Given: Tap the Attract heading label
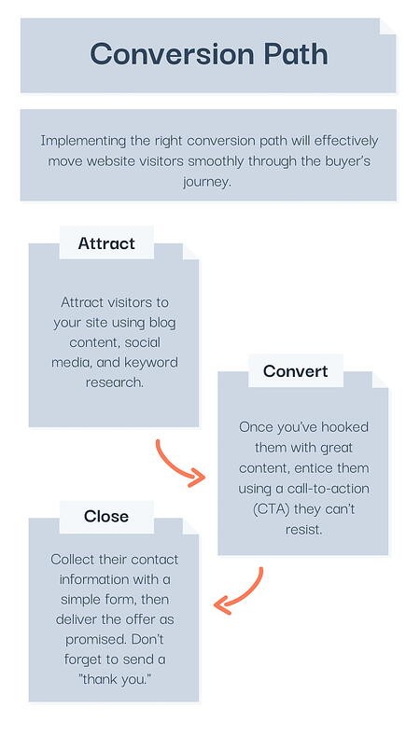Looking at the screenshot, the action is click(x=106, y=243).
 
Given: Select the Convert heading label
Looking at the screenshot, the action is click(x=295, y=370).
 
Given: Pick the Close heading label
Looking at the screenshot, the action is click(x=106, y=516).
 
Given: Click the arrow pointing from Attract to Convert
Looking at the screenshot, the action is click(x=175, y=466).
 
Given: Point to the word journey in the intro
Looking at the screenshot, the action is click(x=207, y=182).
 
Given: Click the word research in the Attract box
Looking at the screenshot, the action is click(x=114, y=382).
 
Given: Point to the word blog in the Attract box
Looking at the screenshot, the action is click(x=162, y=323).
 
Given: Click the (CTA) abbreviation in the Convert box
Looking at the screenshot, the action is click(x=271, y=509).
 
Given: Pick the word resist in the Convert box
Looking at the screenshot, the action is click(x=303, y=530).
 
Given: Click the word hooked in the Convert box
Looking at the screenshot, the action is click(x=344, y=426).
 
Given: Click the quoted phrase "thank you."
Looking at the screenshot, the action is click(x=114, y=679).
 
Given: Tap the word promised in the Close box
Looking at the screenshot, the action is click(x=97, y=640).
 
